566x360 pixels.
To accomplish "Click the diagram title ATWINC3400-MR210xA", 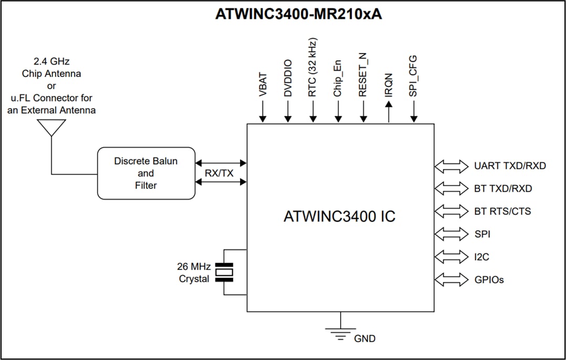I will coord(298,14).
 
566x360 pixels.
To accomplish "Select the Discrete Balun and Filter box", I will coord(146,173).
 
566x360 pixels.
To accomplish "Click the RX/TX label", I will coord(219,173).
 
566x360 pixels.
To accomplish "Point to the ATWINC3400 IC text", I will coord(339,216).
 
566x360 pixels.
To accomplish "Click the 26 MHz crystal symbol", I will coord(225,272).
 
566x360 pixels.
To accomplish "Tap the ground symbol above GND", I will coord(341,332).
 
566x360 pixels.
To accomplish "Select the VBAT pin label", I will coord(263,84).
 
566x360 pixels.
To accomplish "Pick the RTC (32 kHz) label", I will coord(313,67).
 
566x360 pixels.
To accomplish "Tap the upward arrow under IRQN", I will coord(388,112).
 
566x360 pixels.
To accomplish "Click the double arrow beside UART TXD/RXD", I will coord(451,166).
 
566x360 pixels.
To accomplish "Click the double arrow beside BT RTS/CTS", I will coord(451,212).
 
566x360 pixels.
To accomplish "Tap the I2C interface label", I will coord(482,257).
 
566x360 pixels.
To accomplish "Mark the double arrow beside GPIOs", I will coord(451,280).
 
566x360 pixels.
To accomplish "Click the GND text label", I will coord(365,339).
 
